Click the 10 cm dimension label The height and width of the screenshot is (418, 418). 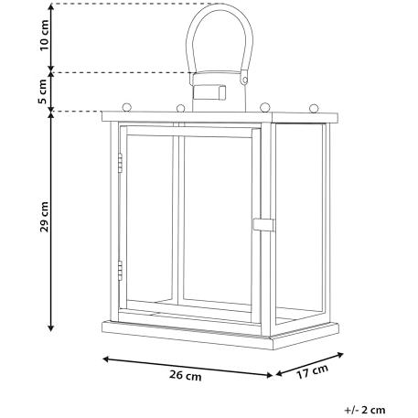[45, 35]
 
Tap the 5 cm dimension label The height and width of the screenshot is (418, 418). [43, 91]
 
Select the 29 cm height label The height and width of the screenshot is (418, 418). [45, 217]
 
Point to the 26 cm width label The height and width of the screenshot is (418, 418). [186, 375]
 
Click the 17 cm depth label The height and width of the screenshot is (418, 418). [313, 371]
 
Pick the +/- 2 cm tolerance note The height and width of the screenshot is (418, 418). [365, 410]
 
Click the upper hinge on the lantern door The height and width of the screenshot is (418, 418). [120, 163]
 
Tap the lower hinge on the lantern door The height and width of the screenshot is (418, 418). [120, 271]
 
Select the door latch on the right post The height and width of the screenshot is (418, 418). [263, 225]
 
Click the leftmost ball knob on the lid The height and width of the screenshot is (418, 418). [126, 107]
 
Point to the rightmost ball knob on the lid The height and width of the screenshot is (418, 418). [314, 108]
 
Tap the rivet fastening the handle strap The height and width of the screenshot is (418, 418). [244, 80]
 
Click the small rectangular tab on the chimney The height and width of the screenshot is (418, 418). [209, 92]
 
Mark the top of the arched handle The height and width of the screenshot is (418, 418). [220, 5]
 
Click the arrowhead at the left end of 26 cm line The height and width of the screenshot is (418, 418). [106, 359]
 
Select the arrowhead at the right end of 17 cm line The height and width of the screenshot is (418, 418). [340, 355]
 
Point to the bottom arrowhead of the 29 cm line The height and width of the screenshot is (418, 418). [51, 328]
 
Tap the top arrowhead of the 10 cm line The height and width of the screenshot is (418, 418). [51, 7]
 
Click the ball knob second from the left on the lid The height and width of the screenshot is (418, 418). [181, 108]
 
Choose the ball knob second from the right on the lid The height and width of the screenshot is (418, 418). [265, 107]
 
